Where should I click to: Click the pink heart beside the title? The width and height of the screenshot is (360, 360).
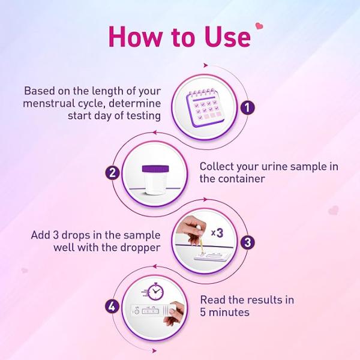pyautogui.click(x=260, y=26)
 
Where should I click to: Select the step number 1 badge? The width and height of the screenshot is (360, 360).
pyautogui.click(x=246, y=108)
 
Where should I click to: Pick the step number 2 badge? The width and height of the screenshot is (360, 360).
pyautogui.click(x=112, y=173)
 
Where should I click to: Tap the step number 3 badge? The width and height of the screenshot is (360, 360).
pyautogui.click(x=246, y=242)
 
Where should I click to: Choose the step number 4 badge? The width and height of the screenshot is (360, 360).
pyautogui.click(x=112, y=307)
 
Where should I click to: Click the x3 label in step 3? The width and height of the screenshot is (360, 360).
pyautogui.click(x=219, y=230)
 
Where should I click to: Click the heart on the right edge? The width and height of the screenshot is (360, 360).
pyautogui.click(x=334, y=211)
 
